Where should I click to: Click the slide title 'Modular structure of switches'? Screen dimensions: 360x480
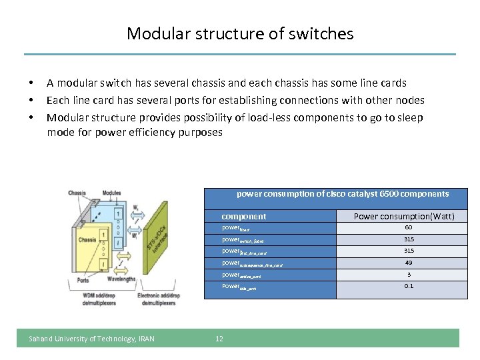point(240,33)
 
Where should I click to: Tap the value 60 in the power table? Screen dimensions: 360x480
point(408,228)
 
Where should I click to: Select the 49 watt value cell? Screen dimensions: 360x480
point(408,263)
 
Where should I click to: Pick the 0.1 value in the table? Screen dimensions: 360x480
point(408,286)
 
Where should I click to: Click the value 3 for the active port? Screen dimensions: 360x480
point(408,275)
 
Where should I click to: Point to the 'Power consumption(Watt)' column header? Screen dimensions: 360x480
point(404,216)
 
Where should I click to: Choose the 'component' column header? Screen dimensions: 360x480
point(243,216)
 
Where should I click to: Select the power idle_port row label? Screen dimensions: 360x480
point(238,287)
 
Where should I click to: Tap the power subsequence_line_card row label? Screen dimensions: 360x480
point(251,264)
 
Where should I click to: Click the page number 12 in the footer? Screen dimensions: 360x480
point(219,339)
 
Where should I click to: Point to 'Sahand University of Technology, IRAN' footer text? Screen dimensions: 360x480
point(91,339)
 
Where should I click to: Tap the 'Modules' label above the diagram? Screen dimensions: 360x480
point(111,193)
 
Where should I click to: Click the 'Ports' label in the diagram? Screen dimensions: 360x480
point(79,281)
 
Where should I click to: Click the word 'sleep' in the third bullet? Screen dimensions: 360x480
point(407,117)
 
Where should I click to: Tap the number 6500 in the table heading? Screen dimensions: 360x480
point(389,194)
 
